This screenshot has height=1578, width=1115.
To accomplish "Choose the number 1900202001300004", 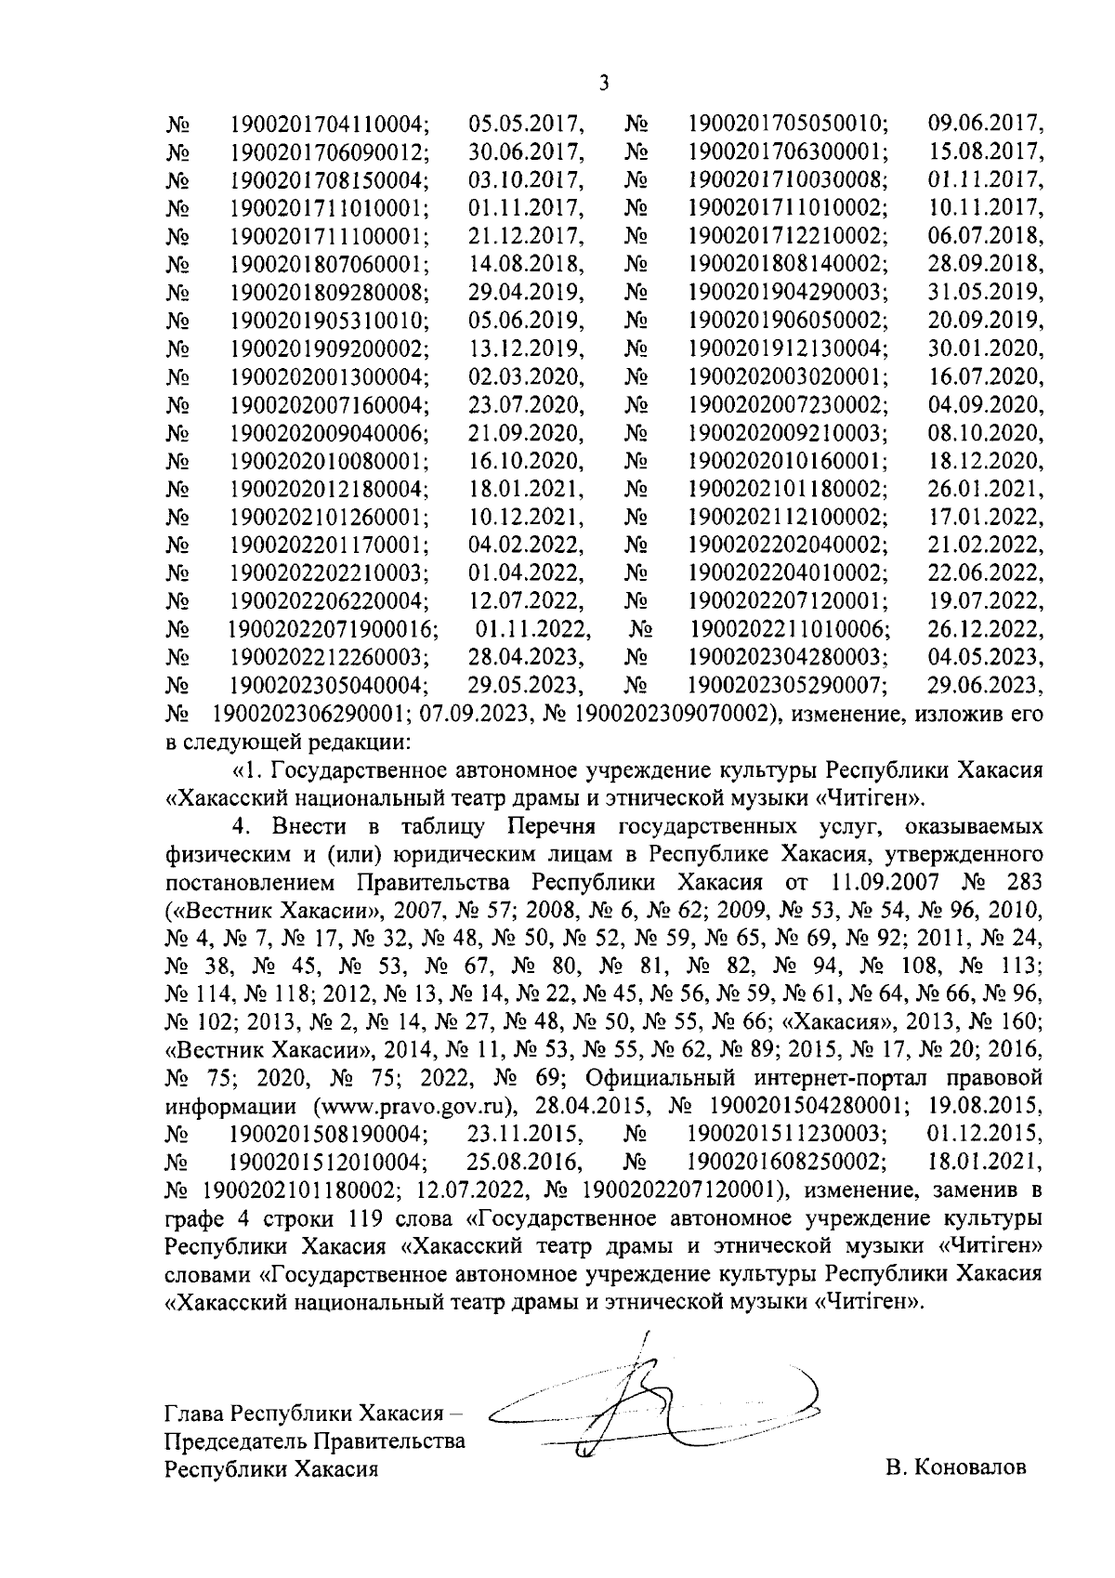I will pos(329,376).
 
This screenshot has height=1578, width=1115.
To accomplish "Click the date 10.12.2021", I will pos(526,518).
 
